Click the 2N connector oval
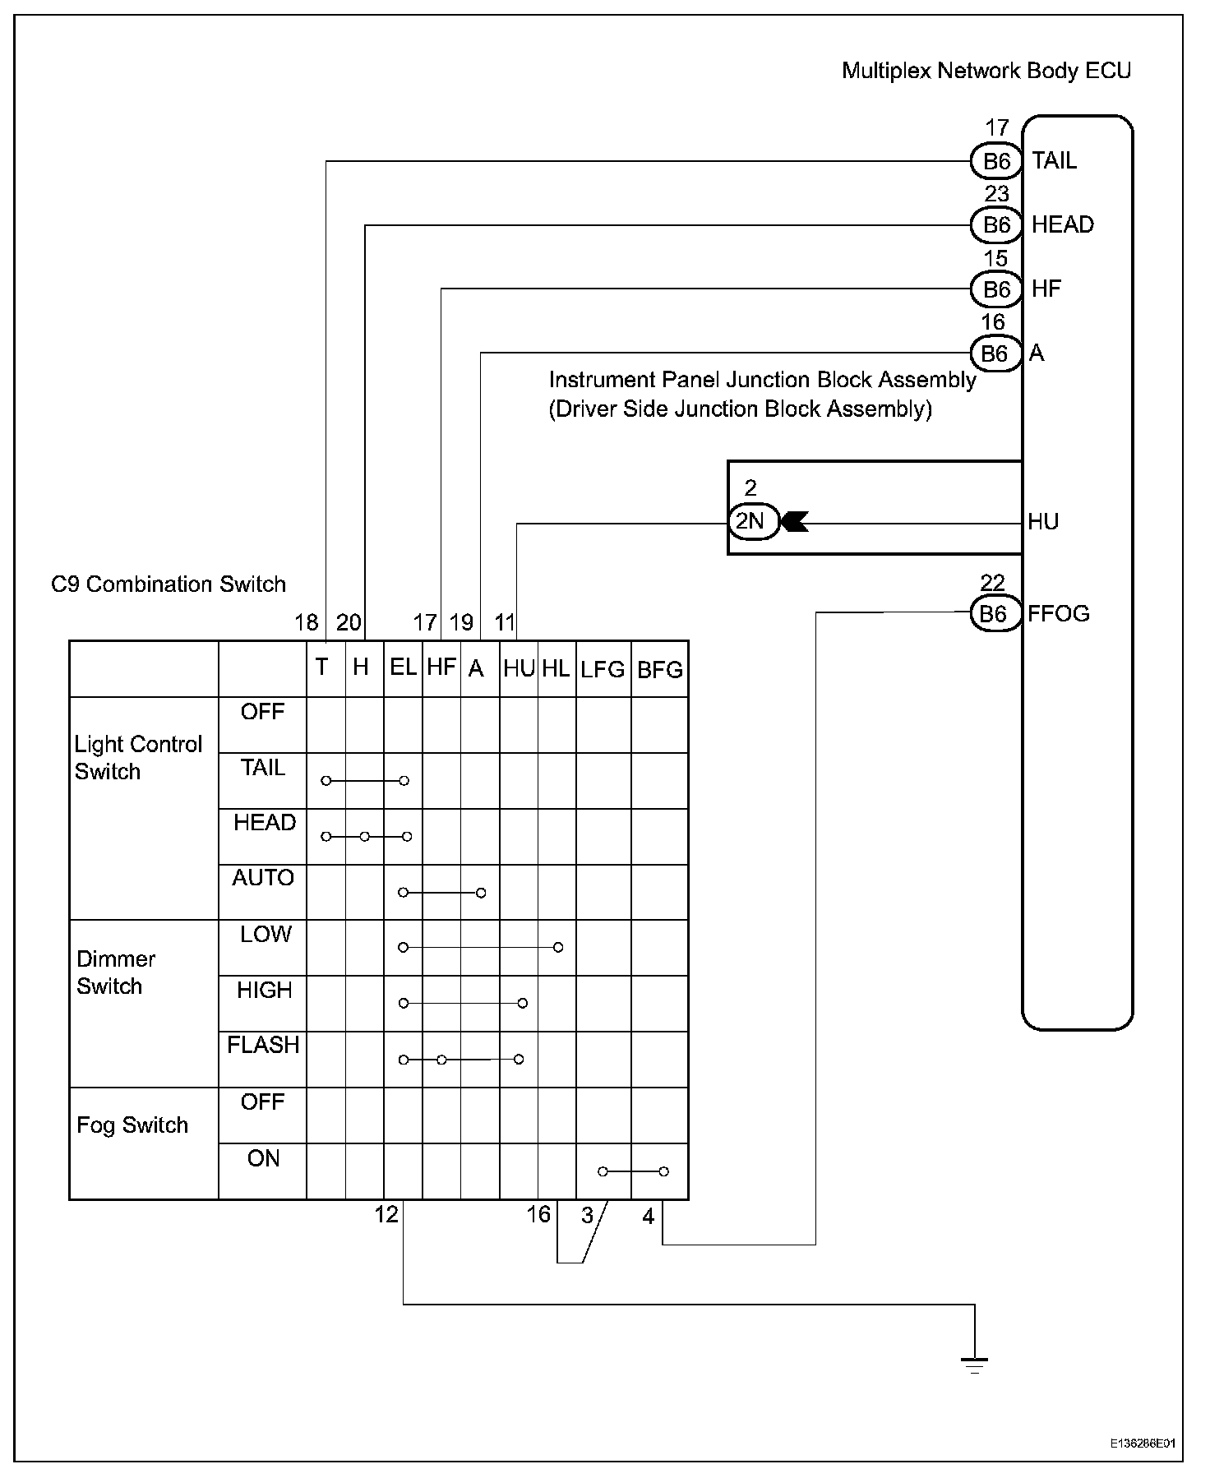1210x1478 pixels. click(x=752, y=521)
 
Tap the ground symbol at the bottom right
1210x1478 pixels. click(x=974, y=1365)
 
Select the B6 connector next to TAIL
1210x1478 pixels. click(x=996, y=160)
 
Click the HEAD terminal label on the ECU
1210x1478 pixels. click(x=1062, y=224)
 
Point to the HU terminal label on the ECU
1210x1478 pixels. click(x=1043, y=521)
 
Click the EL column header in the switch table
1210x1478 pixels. click(x=403, y=667)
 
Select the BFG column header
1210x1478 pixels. click(x=660, y=670)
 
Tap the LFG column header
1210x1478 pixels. click(x=603, y=670)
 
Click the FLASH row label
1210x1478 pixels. click(x=263, y=1045)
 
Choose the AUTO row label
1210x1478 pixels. click(x=263, y=878)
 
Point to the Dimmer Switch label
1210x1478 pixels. click(x=115, y=972)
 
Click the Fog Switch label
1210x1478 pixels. click(x=132, y=1125)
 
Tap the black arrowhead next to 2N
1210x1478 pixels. click(x=794, y=521)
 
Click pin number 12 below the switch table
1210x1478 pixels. click(x=386, y=1214)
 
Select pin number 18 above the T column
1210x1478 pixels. click(x=307, y=622)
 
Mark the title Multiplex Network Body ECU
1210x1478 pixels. click(x=986, y=71)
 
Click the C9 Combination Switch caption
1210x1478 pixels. click(x=169, y=584)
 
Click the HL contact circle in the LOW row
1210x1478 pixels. click(x=558, y=948)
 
